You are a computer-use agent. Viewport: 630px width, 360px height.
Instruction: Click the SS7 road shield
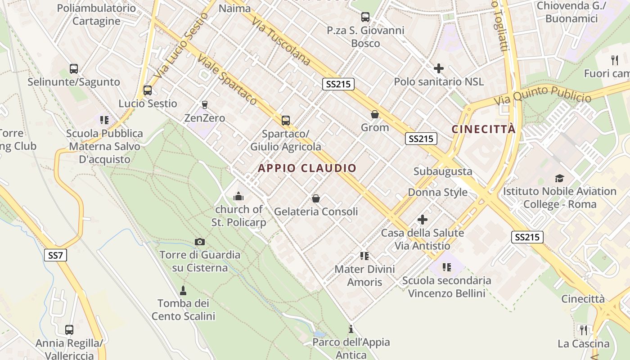coord(56,255)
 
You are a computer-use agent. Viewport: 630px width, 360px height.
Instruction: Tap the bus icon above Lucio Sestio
coord(147,90)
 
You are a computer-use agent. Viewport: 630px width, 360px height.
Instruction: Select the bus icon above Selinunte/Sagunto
coord(74,69)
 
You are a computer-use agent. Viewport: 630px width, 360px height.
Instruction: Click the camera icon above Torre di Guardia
coord(200,242)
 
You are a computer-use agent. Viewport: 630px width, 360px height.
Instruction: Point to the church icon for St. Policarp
coord(238,196)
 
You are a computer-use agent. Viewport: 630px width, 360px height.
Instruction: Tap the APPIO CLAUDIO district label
coord(307,168)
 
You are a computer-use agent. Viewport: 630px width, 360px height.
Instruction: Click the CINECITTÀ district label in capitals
coord(483,130)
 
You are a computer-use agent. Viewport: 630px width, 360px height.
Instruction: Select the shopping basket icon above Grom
coord(374,114)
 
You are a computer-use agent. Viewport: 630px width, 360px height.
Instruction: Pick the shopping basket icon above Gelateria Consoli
coord(316,198)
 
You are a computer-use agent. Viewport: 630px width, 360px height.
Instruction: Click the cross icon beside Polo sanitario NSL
coord(438,68)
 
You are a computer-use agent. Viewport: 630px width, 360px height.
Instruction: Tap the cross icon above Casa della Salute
coord(422,220)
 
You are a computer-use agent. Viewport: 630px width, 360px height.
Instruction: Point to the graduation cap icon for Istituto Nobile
coord(559,178)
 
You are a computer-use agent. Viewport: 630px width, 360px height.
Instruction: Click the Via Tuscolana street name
coord(281,41)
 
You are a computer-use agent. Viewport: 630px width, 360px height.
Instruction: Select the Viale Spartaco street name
coord(227,80)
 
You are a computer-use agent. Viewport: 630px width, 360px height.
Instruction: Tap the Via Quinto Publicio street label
coord(543,95)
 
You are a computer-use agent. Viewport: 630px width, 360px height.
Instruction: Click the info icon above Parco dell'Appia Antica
coord(351,329)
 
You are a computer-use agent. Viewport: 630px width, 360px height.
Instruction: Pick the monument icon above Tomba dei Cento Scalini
coord(183,290)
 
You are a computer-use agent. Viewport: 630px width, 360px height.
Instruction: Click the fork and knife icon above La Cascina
coord(584,330)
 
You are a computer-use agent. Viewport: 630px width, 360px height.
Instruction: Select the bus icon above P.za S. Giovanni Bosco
coord(365,17)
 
